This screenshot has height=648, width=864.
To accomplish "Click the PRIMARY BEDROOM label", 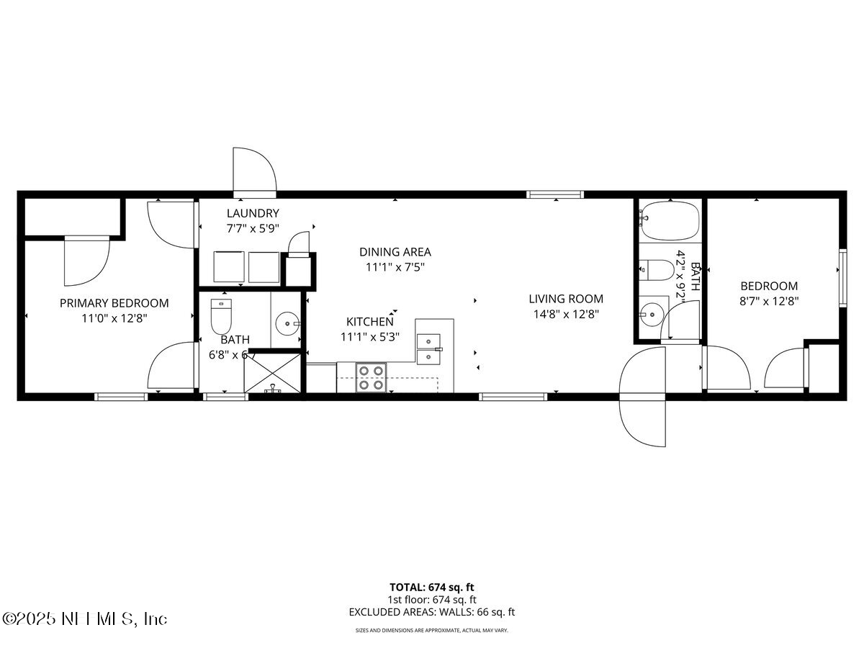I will coord(114,303).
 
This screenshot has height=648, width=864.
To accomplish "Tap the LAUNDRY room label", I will coord(252,213).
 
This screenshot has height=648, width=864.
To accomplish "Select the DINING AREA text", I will coord(395,252).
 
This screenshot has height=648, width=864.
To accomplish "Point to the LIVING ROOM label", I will coord(566,299).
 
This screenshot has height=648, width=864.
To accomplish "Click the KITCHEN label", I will coord(369,322).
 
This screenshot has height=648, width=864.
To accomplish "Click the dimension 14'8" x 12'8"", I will coord(566,314).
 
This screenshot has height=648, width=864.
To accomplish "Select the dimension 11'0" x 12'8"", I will coord(114,318).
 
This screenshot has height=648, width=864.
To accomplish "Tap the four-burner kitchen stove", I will coord(372,377).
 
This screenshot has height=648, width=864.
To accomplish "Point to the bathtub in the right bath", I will coord(670,221).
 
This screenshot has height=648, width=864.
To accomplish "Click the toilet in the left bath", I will coord(221,315).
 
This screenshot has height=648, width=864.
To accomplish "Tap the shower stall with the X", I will coord(272,372).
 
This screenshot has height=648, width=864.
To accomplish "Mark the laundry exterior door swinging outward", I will coord(253,172).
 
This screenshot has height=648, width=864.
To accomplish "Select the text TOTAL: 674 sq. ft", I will coord(431,587).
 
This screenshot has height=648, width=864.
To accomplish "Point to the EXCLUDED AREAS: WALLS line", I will coord(431,612).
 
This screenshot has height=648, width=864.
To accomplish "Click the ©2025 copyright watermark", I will coord(85,618).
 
